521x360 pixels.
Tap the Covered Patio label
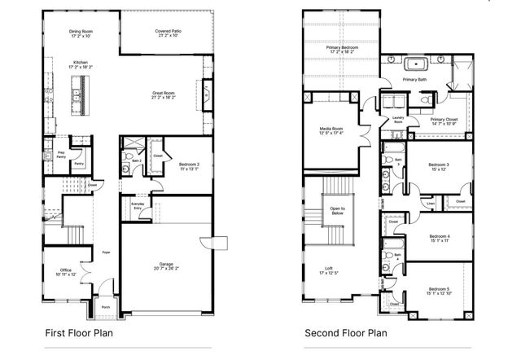pyautogui.click(x=168, y=31)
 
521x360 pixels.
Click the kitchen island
pyautogui.click(x=80, y=90)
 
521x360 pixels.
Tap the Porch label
pyautogui.click(x=106, y=307)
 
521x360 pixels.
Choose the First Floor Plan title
pyautogui.click(x=80, y=332)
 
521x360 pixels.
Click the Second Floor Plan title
pyautogui.click(x=345, y=332)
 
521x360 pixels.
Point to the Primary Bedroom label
pyautogui.click(x=342, y=48)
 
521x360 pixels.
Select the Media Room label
pyautogui.click(x=331, y=130)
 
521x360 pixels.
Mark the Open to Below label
pyautogui.click(x=337, y=211)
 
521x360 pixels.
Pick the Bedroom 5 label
pyautogui.click(x=440, y=289)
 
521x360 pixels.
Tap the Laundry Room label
pyautogui.click(x=398, y=119)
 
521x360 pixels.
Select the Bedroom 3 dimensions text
pyautogui.click(x=439, y=169)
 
